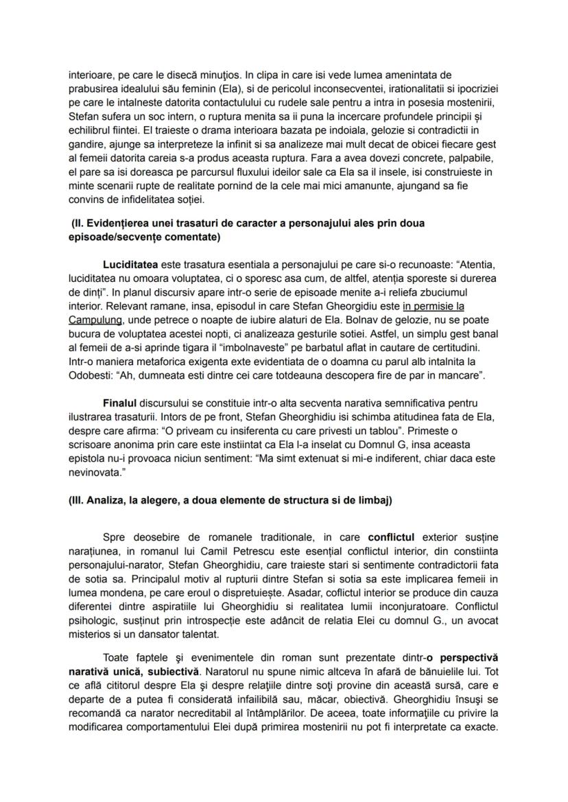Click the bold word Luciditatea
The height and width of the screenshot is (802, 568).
tap(130, 264)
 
